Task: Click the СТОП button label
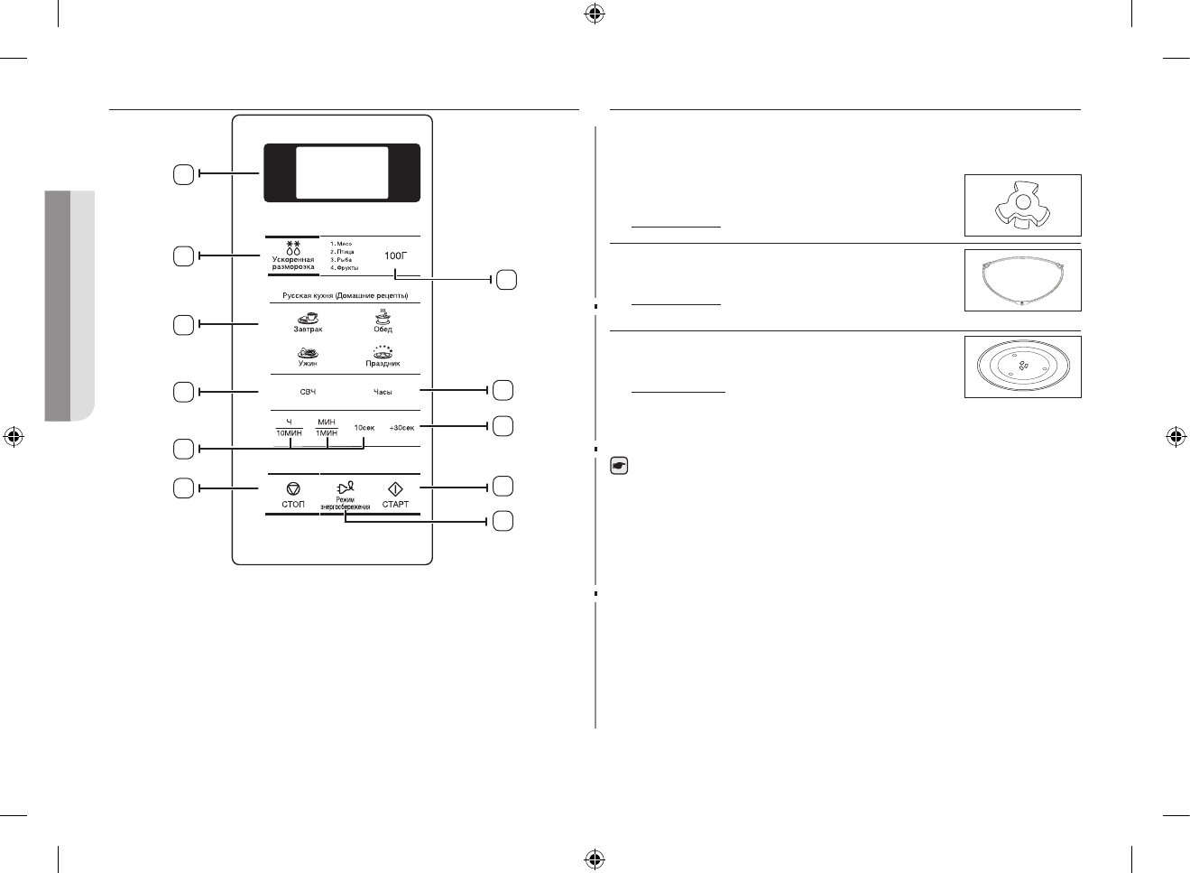(293, 504)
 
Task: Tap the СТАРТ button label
(395, 504)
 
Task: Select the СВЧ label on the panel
(308, 392)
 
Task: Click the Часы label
(383, 392)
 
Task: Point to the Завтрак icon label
(308, 330)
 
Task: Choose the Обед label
(383, 330)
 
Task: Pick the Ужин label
(308, 363)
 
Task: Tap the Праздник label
(383, 363)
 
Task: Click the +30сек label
(401, 427)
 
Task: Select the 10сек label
(364, 427)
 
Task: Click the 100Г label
(396, 256)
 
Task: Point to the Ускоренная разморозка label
(293, 263)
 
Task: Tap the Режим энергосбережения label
(345, 503)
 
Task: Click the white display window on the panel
(342, 172)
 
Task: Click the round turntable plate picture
(1022, 367)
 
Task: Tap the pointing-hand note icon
(619, 467)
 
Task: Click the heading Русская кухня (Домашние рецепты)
(346, 296)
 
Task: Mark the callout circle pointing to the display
(183, 174)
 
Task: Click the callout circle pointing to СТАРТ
(503, 487)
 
